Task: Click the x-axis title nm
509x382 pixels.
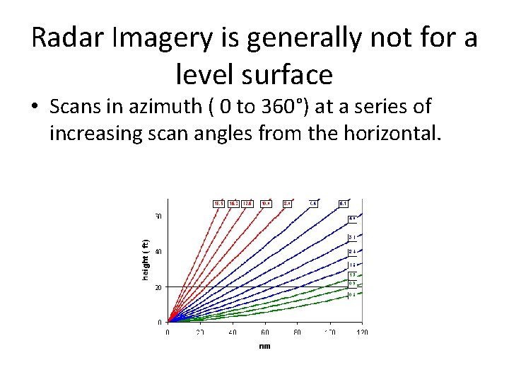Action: coord(264,345)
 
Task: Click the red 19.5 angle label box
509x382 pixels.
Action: coord(219,204)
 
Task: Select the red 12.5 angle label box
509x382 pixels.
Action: coord(247,204)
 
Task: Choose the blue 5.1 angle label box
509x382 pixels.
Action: coord(342,204)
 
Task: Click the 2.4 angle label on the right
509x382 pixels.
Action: coord(351,252)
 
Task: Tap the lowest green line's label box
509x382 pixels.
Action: coord(351,295)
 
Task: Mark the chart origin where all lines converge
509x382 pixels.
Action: coord(168,322)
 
